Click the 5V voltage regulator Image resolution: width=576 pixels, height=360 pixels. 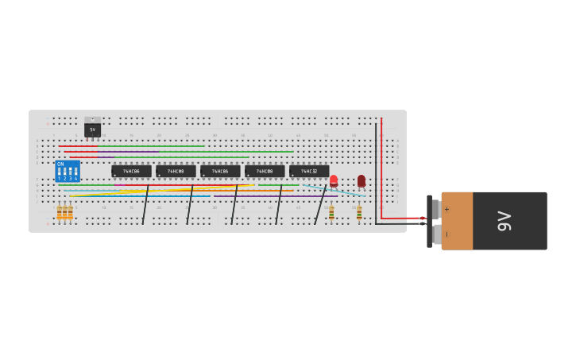pyautogui.click(x=92, y=128)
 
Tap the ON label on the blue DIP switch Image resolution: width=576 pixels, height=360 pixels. pyautogui.click(x=60, y=164)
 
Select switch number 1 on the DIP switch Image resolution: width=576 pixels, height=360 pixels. pyautogui.click(x=59, y=172)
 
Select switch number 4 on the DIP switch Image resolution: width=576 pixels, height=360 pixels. pyautogui.click(x=75, y=172)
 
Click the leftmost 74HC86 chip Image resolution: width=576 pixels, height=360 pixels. pyautogui.click(x=131, y=171)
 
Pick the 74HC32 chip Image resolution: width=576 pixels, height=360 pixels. pyautogui.click(x=309, y=171)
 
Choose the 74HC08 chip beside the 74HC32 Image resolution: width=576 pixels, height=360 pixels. pyautogui.click(x=265, y=171)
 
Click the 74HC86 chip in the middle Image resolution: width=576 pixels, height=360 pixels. pyautogui.click(x=220, y=171)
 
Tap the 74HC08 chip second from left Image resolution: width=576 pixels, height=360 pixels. pyautogui.click(x=176, y=171)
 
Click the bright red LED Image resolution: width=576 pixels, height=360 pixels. pyautogui.click(x=334, y=180)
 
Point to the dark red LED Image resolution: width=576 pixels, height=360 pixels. pyautogui.click(x=361, y=180)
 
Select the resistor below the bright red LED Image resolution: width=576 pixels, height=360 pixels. pyautogui.click(x=331, y=212)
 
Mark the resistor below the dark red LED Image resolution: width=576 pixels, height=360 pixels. pyautogui.click(x=359, y=212)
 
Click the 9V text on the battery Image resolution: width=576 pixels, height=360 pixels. pyautogui.click(x=504, y=221)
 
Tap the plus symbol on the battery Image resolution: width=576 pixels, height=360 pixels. pyautogui.click(x=446, y=209)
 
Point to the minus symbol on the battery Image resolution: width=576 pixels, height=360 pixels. pyautogui.click(x=446, y=234)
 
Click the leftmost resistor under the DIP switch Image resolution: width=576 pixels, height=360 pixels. pyautogui.click(x=59, y=212)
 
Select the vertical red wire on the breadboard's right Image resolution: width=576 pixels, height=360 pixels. pyautogui.click(x=381, y=167)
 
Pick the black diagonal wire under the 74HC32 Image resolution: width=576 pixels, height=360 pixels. pyautogui.click(x=320, y=204)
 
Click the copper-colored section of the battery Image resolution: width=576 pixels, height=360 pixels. pyautogui.click(x=457, y=221)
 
